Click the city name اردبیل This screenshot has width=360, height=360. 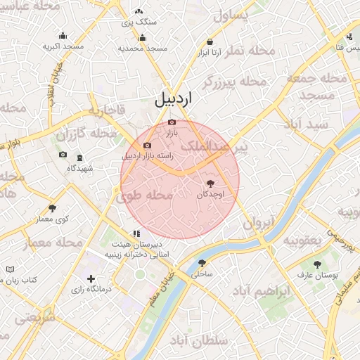tap(173, 100)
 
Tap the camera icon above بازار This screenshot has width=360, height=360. tap(172, 122)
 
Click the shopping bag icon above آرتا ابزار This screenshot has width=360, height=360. tap(211, 42)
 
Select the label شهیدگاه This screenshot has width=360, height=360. tap(80, 169)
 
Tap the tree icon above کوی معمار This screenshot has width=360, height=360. tap(52, 208)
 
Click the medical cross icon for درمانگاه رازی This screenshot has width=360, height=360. tap(91, 279)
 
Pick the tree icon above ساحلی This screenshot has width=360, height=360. tap(202, 262)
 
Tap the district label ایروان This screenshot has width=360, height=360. tap(257, 224)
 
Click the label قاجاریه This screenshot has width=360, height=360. tap(105, 110)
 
